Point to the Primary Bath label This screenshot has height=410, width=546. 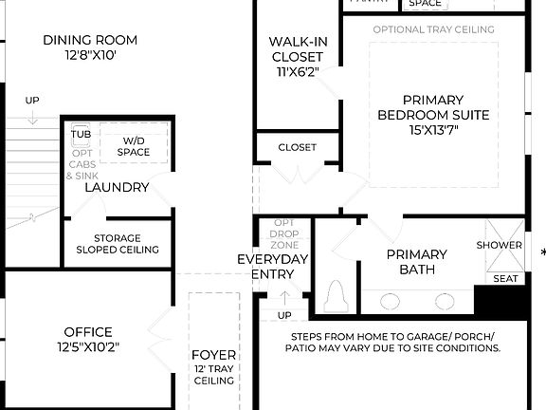pos(417,262)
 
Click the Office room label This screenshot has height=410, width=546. pos(88,332)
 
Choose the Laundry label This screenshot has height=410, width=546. pos(117,187)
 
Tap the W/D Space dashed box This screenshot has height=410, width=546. pos(135,145)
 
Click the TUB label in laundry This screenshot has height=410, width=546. pos(81,134)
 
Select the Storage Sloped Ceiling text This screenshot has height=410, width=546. pos(118,244)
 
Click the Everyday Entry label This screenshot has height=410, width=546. pos(273,267)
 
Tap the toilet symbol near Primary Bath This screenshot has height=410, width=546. pos(336,296)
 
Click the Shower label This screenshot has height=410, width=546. pos(500,245)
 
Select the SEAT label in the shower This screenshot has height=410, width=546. pos(505,278)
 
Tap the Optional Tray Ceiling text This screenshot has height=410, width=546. pos(433,29)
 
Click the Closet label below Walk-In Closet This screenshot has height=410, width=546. pos(297,147)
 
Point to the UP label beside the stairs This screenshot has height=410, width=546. pos(32,100)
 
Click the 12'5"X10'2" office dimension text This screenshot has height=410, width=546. pos(88,346)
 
